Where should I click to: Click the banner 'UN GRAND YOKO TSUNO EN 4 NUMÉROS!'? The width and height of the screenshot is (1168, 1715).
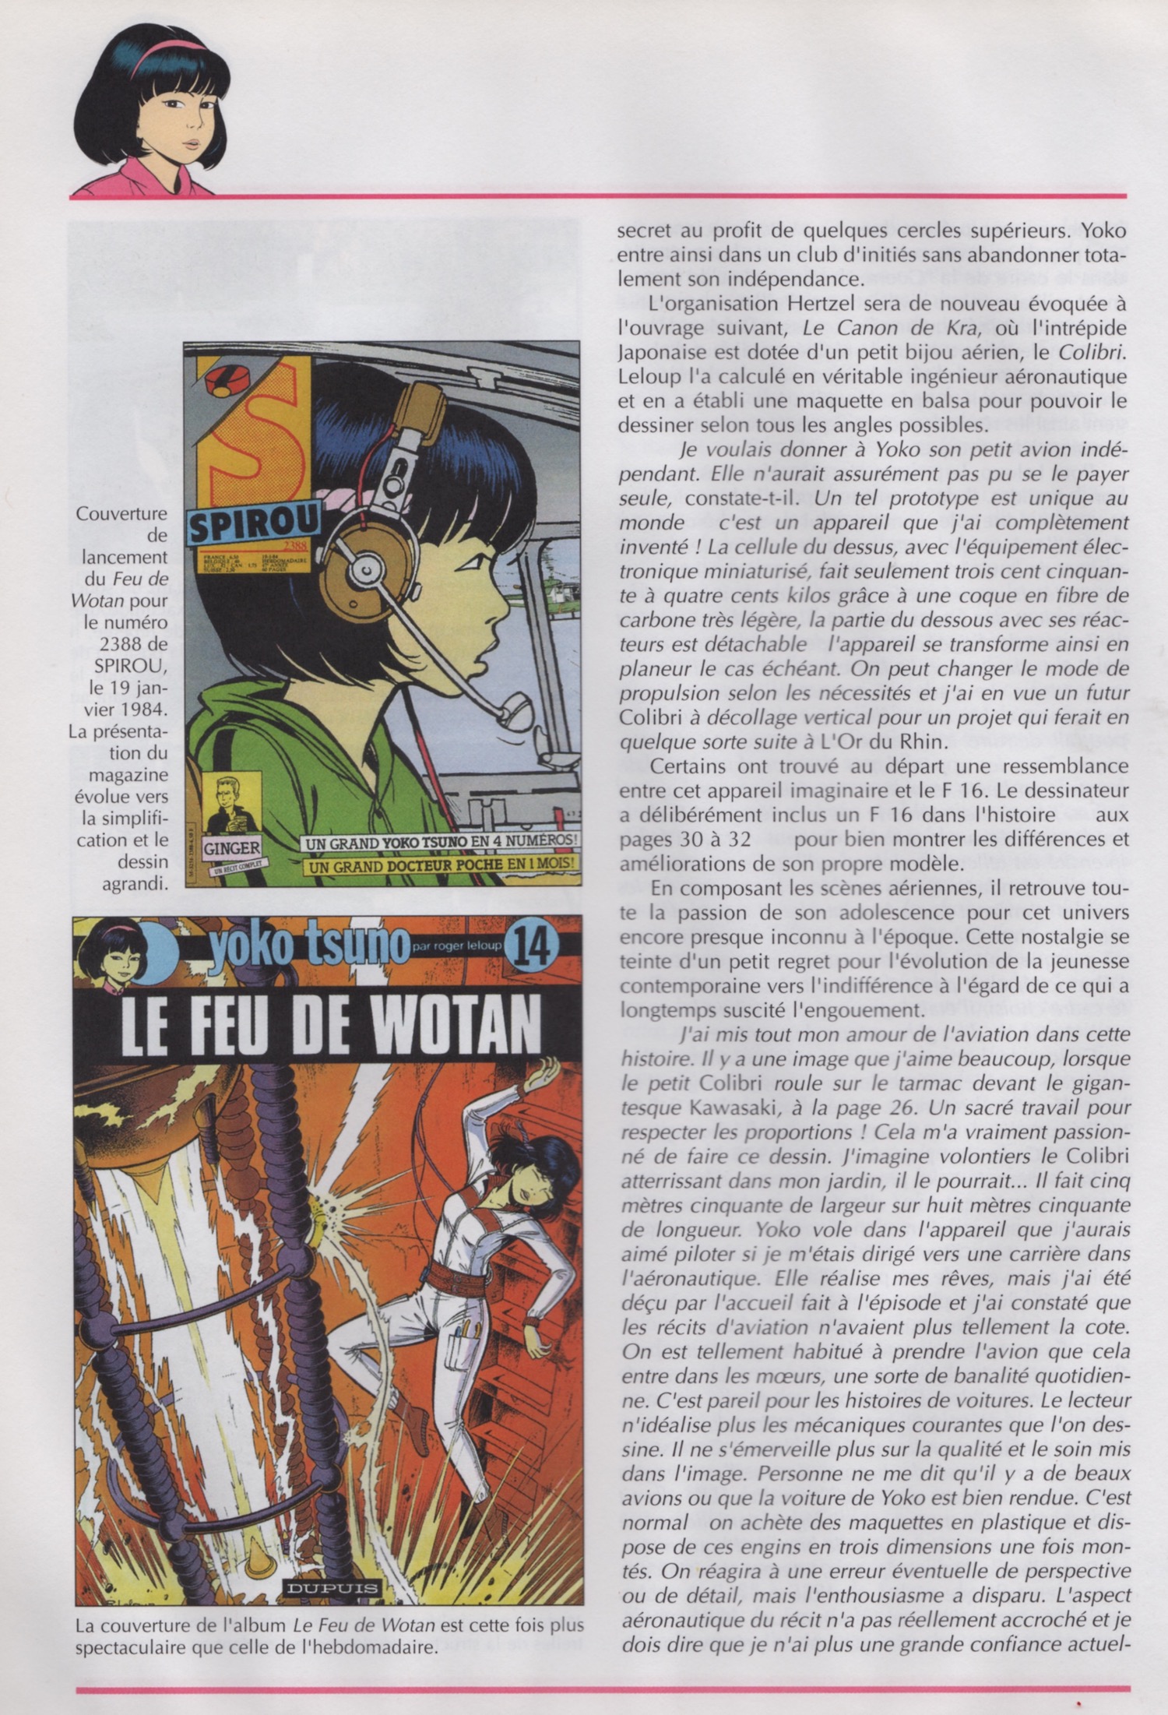pyautogui.click(x=441, y=842)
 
